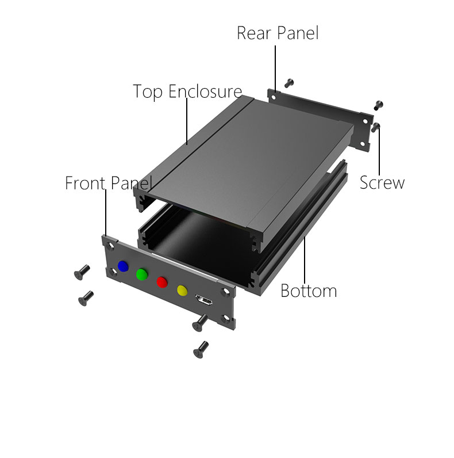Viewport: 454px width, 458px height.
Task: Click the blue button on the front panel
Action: point(123,266)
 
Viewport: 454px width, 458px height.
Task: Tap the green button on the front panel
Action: point(142,274)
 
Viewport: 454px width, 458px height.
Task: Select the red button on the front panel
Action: point(162,282)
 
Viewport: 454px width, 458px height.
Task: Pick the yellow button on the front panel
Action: point(182,291)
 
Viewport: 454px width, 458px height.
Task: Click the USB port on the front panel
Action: point(203,300)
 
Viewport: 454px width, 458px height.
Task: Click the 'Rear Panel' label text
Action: point(278,33)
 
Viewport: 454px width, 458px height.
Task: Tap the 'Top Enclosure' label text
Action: point(187,91)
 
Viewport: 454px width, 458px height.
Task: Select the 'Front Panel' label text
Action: point(109,183)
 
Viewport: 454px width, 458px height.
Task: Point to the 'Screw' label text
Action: point(382,183)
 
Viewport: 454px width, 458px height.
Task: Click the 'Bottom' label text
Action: point(309,291)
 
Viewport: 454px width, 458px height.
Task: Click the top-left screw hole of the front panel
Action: point(111,246)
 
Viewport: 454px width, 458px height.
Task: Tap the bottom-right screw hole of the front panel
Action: point(226,318)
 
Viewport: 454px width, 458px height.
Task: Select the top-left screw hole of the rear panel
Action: point(274,97)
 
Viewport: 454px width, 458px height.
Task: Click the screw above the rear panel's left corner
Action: point(289,83)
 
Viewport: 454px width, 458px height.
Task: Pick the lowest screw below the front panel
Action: point(201,350)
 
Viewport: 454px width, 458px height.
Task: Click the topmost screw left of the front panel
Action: point(82,272)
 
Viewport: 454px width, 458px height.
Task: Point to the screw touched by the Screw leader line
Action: point(375,127)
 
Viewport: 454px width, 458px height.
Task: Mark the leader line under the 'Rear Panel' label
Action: point(275,68)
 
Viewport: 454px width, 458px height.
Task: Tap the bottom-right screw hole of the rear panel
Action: point(362,144)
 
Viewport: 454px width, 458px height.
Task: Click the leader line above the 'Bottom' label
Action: point(305,260)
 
